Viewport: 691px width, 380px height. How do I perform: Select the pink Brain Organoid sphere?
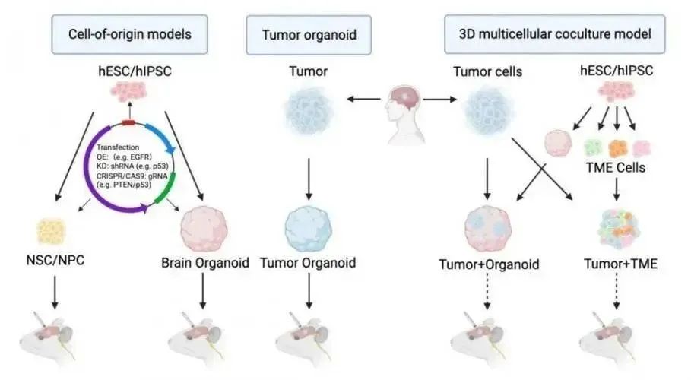tap(204, 226)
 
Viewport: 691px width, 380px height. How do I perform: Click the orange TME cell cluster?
tap(617, 147)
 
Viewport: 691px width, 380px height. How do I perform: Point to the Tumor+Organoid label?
tap(490, 264)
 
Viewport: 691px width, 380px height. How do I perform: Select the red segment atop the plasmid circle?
tap(129, 122)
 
